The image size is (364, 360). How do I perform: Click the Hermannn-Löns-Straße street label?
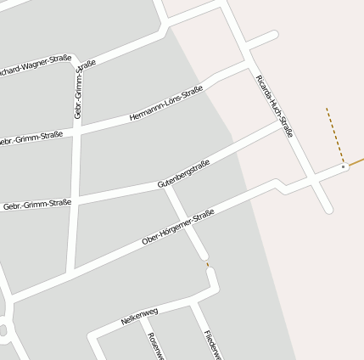click(x=166, y=104)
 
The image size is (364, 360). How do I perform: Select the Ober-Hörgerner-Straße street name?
click(x=178, y=228)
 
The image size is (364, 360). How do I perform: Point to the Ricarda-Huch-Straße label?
click(x=274, y=105)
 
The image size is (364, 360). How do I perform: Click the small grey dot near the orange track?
click(x=343, y=167)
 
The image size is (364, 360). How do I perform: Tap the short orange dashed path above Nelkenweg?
click(x=207, y=265)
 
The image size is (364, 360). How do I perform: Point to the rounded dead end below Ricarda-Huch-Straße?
click(x=328, y=209)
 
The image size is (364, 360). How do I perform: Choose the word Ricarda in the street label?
click(x=262, y=87)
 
